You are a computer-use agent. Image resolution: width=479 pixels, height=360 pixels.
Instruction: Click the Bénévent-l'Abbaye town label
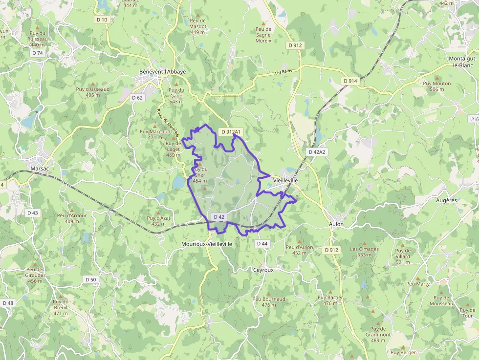(162, 71)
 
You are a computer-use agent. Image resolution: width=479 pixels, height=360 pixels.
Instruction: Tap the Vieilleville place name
(286, 180)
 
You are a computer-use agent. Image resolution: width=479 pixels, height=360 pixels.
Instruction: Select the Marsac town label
(40, 168)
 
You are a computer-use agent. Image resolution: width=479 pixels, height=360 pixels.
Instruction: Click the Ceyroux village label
(263, 269)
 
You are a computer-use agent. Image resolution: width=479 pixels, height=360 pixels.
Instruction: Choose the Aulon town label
(336, 224)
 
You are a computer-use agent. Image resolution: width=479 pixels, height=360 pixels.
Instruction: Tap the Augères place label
(446, 200)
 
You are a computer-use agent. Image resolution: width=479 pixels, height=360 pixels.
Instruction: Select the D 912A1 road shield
(232, 132)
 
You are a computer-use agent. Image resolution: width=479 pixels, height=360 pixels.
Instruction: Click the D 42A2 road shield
(317, 152)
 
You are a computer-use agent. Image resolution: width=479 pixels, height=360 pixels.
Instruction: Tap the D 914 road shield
(350, 81)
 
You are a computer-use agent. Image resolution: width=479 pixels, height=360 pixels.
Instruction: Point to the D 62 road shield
(137, 98)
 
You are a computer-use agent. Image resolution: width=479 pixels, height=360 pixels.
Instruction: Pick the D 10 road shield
(102, 20)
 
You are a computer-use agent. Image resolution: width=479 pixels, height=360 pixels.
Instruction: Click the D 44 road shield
(262, 243)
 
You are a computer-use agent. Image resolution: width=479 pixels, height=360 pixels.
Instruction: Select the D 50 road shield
(90, 279)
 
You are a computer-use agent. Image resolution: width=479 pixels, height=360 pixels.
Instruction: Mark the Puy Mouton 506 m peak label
(437, 86)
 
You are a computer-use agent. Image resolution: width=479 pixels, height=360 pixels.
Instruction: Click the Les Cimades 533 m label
(364, 252)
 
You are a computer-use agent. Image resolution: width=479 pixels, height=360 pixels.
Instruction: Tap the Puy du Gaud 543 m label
(176, 95)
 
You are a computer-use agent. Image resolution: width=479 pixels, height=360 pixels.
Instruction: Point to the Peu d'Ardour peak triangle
(71, 210)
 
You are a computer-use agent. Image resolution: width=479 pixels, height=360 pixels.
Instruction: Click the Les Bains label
(283, 72)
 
